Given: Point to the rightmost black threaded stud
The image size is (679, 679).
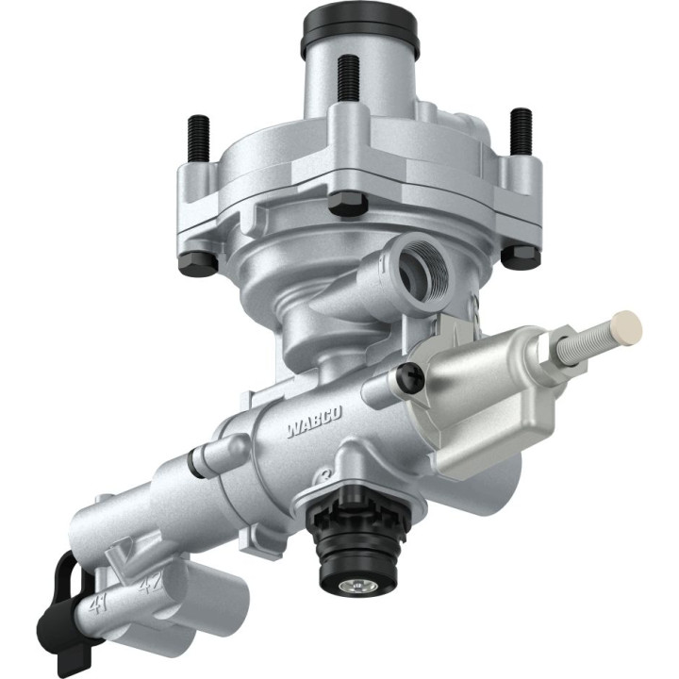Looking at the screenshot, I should point(521,131).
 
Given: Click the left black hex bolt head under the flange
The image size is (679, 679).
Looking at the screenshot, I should point(196,261).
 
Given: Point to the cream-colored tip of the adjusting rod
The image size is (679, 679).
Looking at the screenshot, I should point(626,326).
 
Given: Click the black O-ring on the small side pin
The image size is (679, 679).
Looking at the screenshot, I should point(196,462).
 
